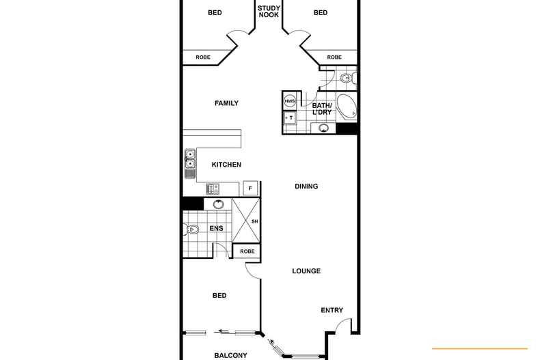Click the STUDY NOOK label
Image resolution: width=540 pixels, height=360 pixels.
pos(269,11)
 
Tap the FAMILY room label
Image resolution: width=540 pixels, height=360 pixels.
pos(226,103)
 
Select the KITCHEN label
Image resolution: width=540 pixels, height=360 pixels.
pos(226,165)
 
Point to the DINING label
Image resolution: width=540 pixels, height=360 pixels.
pos(306,186)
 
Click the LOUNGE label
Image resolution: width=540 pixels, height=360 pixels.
pos(306,271)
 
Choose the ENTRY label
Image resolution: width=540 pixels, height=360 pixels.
pos(332,311)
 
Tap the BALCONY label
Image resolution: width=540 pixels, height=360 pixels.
pos(230,355)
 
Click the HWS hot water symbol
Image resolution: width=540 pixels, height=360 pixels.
pos(290,101)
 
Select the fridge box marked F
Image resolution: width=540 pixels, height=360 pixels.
pos(250,188)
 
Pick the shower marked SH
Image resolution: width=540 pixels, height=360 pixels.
pos(247,221)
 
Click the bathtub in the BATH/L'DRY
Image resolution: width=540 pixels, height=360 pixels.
pos(347,107)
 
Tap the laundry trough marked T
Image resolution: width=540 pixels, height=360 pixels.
pos(290,117)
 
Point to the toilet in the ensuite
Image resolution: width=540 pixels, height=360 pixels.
pos(192,230)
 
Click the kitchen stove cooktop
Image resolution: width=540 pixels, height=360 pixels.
pos(213,189)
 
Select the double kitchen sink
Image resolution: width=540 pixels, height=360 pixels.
pos(189,163)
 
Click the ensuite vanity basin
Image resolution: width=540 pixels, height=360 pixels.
pos(218,204)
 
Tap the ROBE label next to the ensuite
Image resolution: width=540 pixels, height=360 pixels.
pos(247,251)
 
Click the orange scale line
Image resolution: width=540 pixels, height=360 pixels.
pos(480,348)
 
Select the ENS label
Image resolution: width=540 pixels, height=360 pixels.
pos(216,229)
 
